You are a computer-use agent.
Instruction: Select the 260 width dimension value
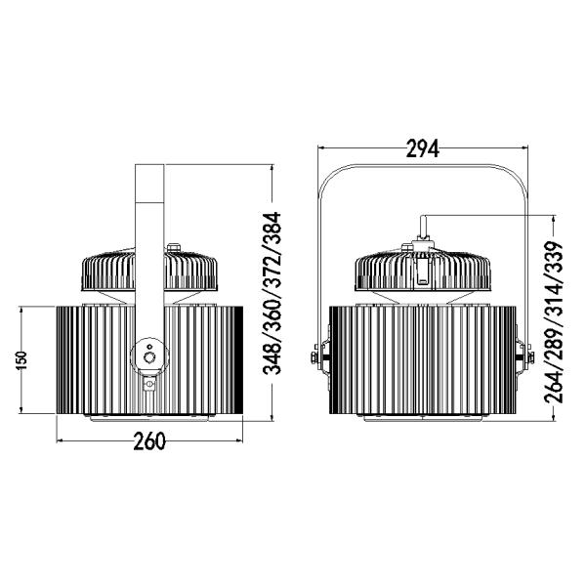(x=147, y=440)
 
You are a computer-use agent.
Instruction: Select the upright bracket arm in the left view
(x=148, y=254)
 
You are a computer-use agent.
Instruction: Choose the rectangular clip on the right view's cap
(x=421, y=271)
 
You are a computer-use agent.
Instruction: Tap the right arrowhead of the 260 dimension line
(x=236, y=440)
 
